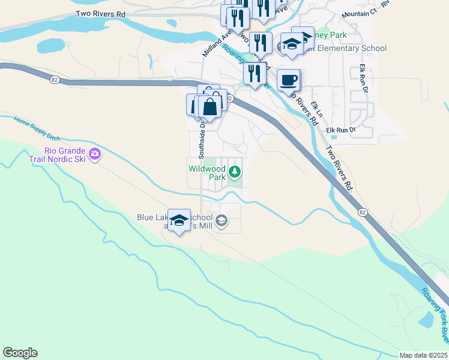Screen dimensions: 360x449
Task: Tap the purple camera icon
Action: coord(94,155)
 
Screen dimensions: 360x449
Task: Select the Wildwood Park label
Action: coord(207,173)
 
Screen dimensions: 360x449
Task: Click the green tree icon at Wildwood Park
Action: coord(235,173)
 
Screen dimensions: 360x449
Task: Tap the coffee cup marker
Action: coord(289,80)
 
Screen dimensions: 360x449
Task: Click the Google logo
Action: coord(20,353)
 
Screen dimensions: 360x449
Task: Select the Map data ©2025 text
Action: coord(423,355)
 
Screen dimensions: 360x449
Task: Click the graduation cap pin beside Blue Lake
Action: coord(179,220)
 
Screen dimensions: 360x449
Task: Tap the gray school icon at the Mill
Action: coord(221,221)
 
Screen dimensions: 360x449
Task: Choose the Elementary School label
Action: coord(354,49)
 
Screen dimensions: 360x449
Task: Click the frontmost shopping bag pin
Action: coord(210,107)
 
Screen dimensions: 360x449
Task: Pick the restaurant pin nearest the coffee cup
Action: coord(255,74)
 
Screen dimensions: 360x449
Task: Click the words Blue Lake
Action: coord(154,217)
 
